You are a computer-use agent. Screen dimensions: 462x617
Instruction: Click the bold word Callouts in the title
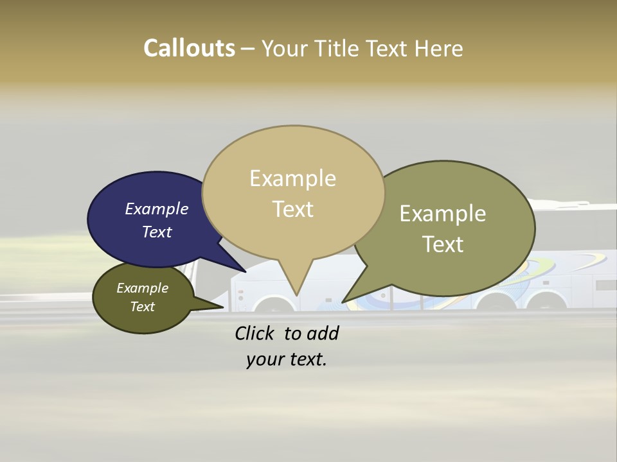point(189,48)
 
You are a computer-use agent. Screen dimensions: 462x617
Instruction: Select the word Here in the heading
point(439,48)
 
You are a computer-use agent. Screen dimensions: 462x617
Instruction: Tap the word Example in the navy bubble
point(157,209)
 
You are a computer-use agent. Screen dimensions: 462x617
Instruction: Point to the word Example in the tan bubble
point(292,178)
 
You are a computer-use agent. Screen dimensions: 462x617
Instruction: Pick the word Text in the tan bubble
point(293,209)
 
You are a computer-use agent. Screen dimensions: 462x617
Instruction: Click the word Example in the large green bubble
point(442,214)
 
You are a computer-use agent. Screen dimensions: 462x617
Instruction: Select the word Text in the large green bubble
point(443,244)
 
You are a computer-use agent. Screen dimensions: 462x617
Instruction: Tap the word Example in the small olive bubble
point(143,288)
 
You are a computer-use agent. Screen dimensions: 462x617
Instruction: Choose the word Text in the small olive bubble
point(143,306)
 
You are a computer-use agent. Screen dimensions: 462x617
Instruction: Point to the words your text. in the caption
point(286,359)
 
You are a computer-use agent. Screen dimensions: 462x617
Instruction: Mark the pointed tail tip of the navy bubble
point(245,271)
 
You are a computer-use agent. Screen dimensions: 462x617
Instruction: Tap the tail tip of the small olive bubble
point(223,307)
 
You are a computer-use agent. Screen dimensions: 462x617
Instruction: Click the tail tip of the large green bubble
point(343,302)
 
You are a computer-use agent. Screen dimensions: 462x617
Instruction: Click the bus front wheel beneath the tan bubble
point(273,305)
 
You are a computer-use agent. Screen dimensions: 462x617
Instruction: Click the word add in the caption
point(323,333)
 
